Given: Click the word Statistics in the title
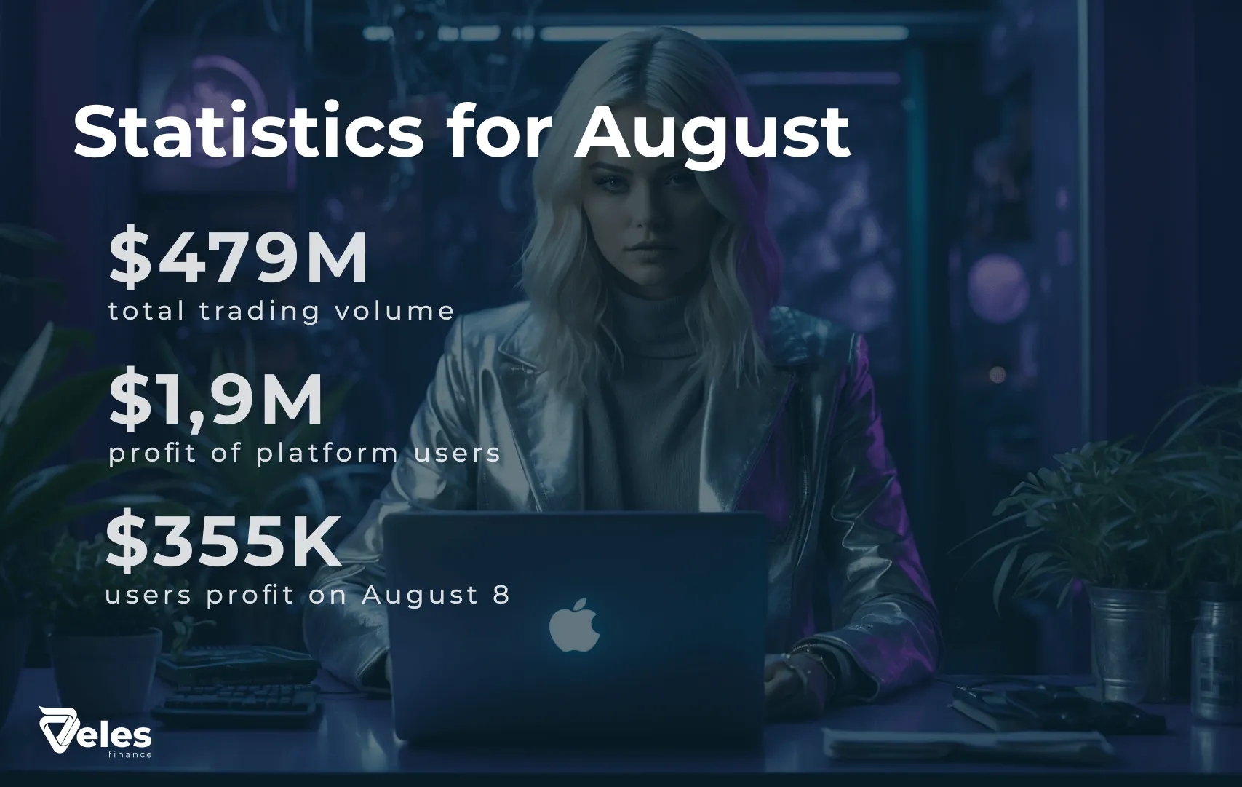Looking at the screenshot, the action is click(248, 132).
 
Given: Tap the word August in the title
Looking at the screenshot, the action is click(712, 137).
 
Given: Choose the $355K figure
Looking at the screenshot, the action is click(223, 542).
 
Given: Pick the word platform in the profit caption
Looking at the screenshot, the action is click(327, 453).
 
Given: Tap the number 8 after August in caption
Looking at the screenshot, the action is click(501, 595).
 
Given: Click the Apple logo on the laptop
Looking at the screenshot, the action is click(574, 625).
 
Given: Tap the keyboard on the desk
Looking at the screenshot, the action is click(237, 704).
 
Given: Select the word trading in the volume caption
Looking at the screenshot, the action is click(260, 311).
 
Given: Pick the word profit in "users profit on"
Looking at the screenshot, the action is click(250, 596).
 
